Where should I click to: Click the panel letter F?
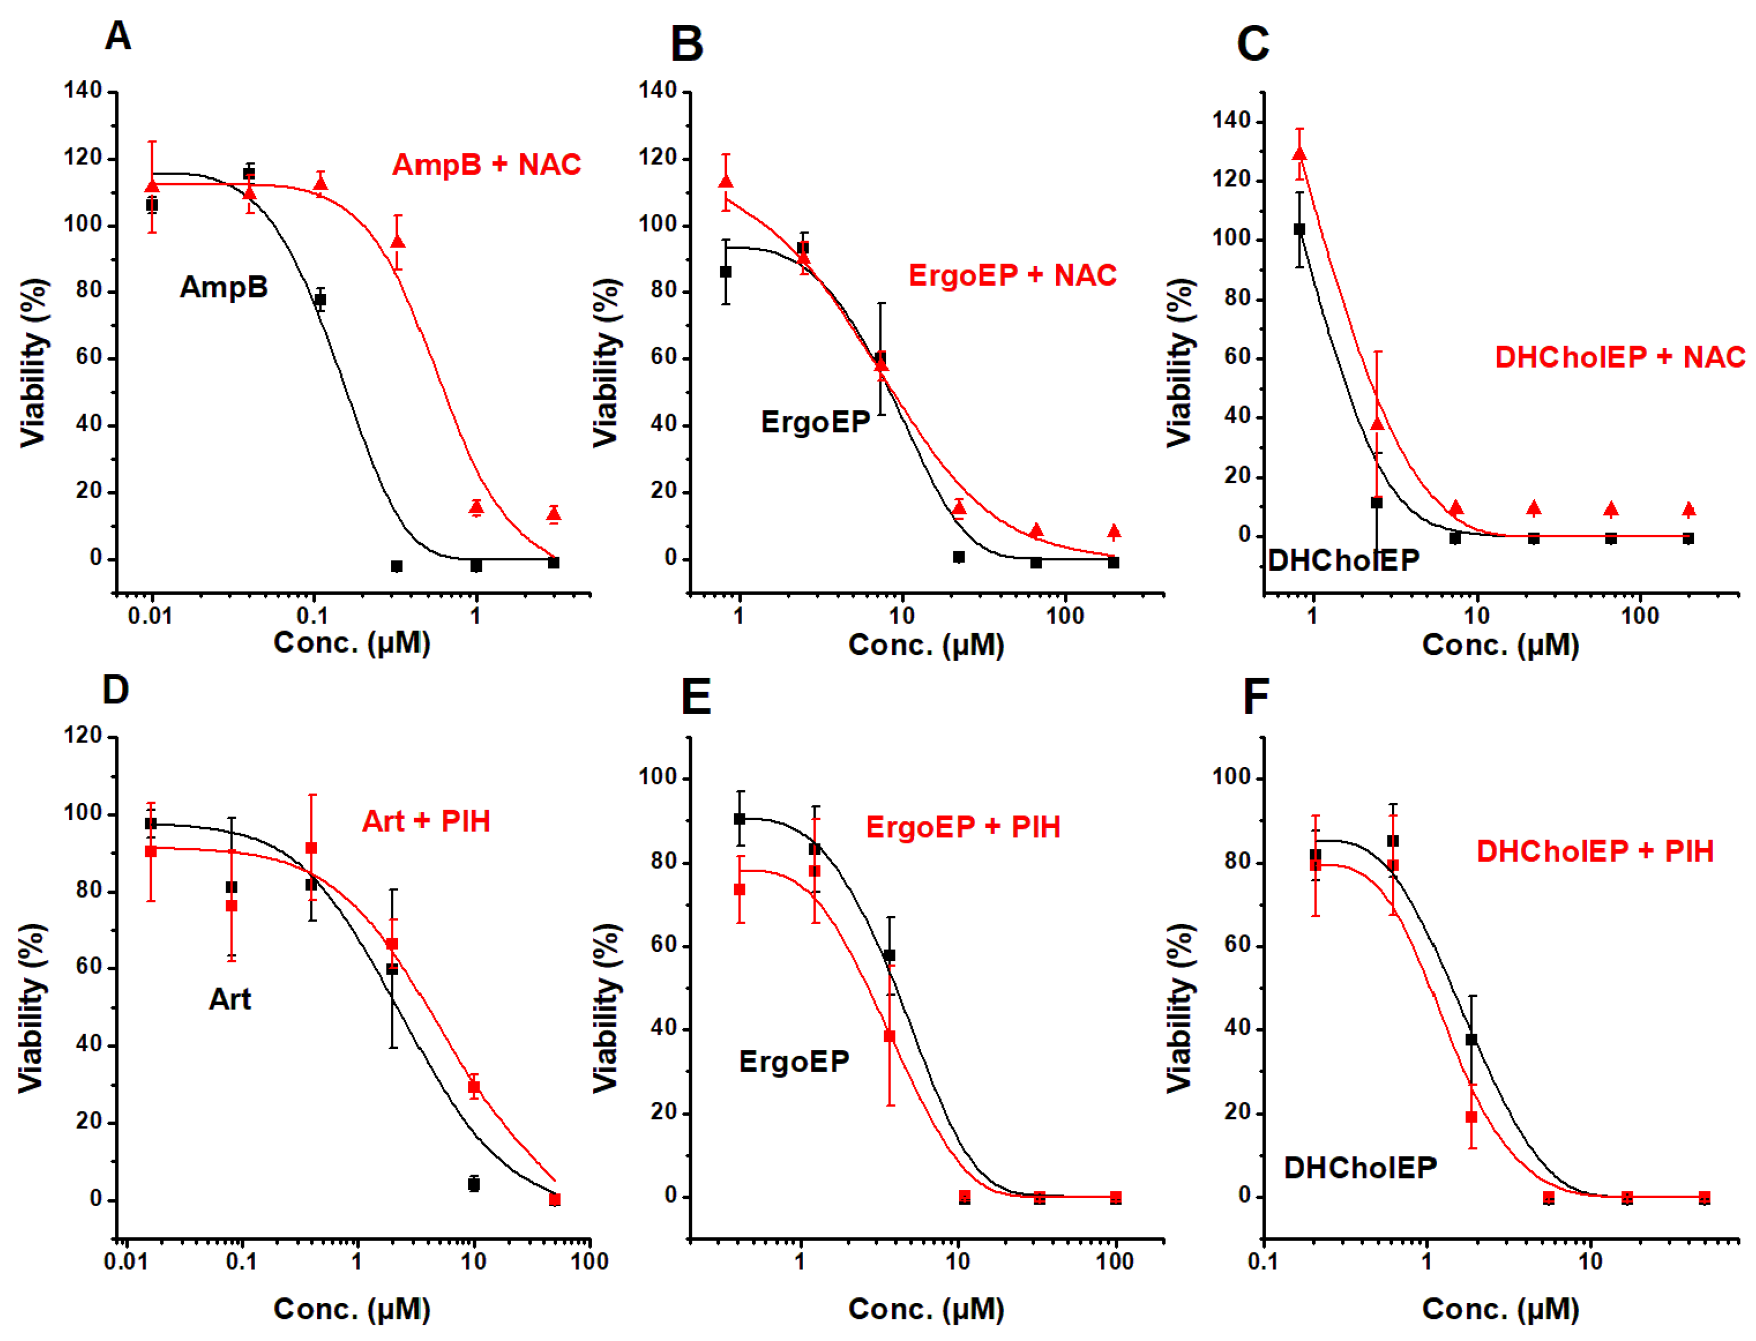point(1256,697)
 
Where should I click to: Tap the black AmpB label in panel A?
point(223,287)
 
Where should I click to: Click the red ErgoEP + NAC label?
point(1012,275)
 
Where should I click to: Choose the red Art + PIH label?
point(426,821)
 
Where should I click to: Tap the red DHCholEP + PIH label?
point(1595,852)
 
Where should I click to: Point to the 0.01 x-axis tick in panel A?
point(150,616)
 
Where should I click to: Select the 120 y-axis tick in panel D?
point(83,735)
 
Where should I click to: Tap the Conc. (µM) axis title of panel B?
point(926,645)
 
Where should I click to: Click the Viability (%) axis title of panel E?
point(606,1008)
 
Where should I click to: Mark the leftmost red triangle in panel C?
point(1300,153)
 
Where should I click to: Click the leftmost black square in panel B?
point(726,272)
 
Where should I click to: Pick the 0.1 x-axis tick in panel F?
point(1263,1262)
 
